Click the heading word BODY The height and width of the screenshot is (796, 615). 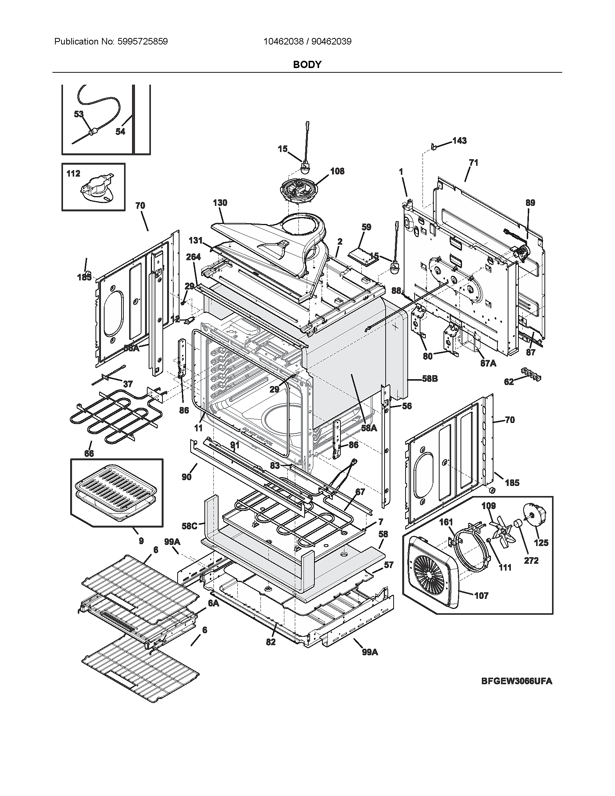click(307, 64)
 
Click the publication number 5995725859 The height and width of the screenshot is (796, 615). click(143, 42)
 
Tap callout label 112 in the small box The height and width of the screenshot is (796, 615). click(73, 173)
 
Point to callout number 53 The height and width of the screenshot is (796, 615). click(79, 114)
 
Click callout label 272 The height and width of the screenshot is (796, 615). click(531, 560)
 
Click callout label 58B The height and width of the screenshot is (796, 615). click(430, 379)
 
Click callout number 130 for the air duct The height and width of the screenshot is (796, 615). click(220, 203)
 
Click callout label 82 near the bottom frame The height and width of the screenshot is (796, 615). click(271, 642)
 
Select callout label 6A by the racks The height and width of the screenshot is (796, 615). click(213, 603)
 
